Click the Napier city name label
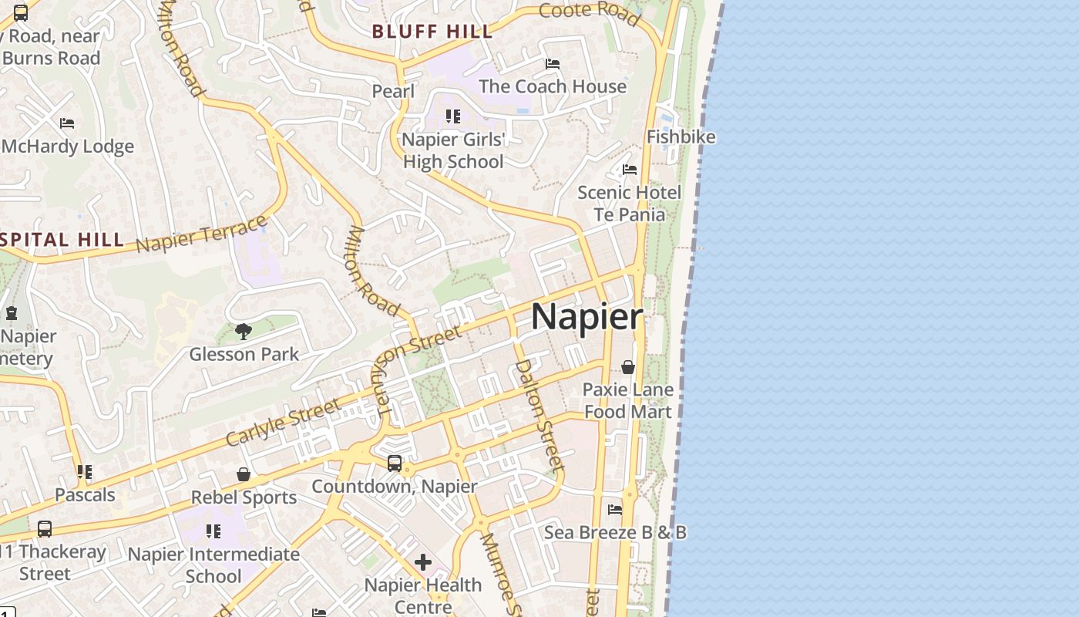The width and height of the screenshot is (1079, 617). click(x=587, y=316)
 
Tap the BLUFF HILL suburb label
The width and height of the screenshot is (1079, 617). click(x=432, y=32)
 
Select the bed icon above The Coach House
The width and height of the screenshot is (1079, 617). click(x=553, y=63)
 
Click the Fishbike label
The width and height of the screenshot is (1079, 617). click(x=681, y=137)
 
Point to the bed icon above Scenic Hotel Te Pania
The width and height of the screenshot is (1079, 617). click(x=630, y=170)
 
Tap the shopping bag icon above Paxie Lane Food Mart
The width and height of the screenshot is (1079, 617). click(x=628, y=367)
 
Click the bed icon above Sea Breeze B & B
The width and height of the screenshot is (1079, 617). click(x=615, y=510)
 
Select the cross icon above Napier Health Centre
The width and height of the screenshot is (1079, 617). click(x=423, y=562)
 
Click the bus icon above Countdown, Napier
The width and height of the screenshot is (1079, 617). click(x=394, y=464)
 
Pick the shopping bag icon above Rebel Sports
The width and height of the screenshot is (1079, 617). click(x=244, y=474)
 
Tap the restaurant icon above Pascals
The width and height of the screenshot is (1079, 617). click(x=85, y=472)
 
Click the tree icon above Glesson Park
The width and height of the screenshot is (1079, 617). click(x=244, y=332)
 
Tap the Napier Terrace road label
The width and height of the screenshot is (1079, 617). click(x=201, y=234)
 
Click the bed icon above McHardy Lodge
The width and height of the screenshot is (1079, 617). click(x=67, y=123)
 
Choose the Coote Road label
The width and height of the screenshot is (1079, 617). click(x=590, y=12)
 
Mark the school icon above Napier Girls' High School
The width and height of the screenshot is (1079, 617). click(x=453, y=116)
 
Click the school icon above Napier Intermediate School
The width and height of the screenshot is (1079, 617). click(x=213, y=531)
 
